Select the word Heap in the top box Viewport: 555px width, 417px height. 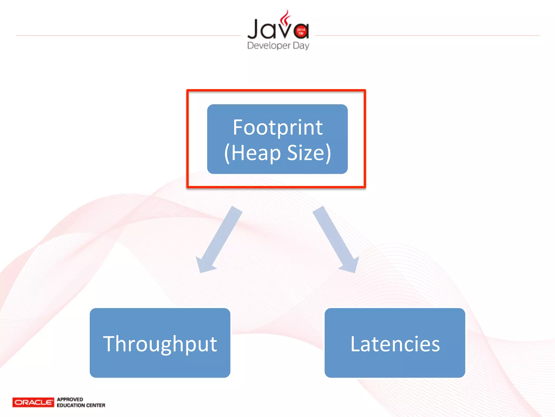[x=256, y=153]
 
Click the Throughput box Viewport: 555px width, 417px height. [x=160, y=343]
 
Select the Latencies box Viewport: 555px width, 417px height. [x=395, y=343]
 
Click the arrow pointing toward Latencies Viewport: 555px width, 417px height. [x=335, y=239]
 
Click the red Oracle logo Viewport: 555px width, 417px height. [x=33, y=402]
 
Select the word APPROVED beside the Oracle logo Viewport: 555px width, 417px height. [x=70, y=399]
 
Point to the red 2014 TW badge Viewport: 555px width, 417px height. [x=301, y=31]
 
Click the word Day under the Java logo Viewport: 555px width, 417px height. [x=301, y=45]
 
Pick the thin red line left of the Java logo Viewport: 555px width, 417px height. [x=127, y=35]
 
